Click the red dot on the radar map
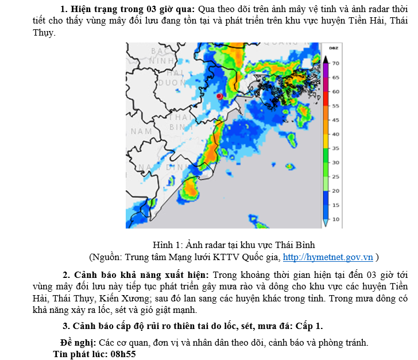click(x=219, y=96)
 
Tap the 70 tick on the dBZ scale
click(x=336, y=63)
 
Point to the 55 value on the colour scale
click(x=336, y=106)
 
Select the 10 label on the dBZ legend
click(x=336, y=219)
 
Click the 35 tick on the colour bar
click(x=336, y=149)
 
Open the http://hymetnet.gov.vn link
click(x=328, y=257)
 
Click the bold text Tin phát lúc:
click(x=79, y=354)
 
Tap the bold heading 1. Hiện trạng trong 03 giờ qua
click(x=128, y=9)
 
